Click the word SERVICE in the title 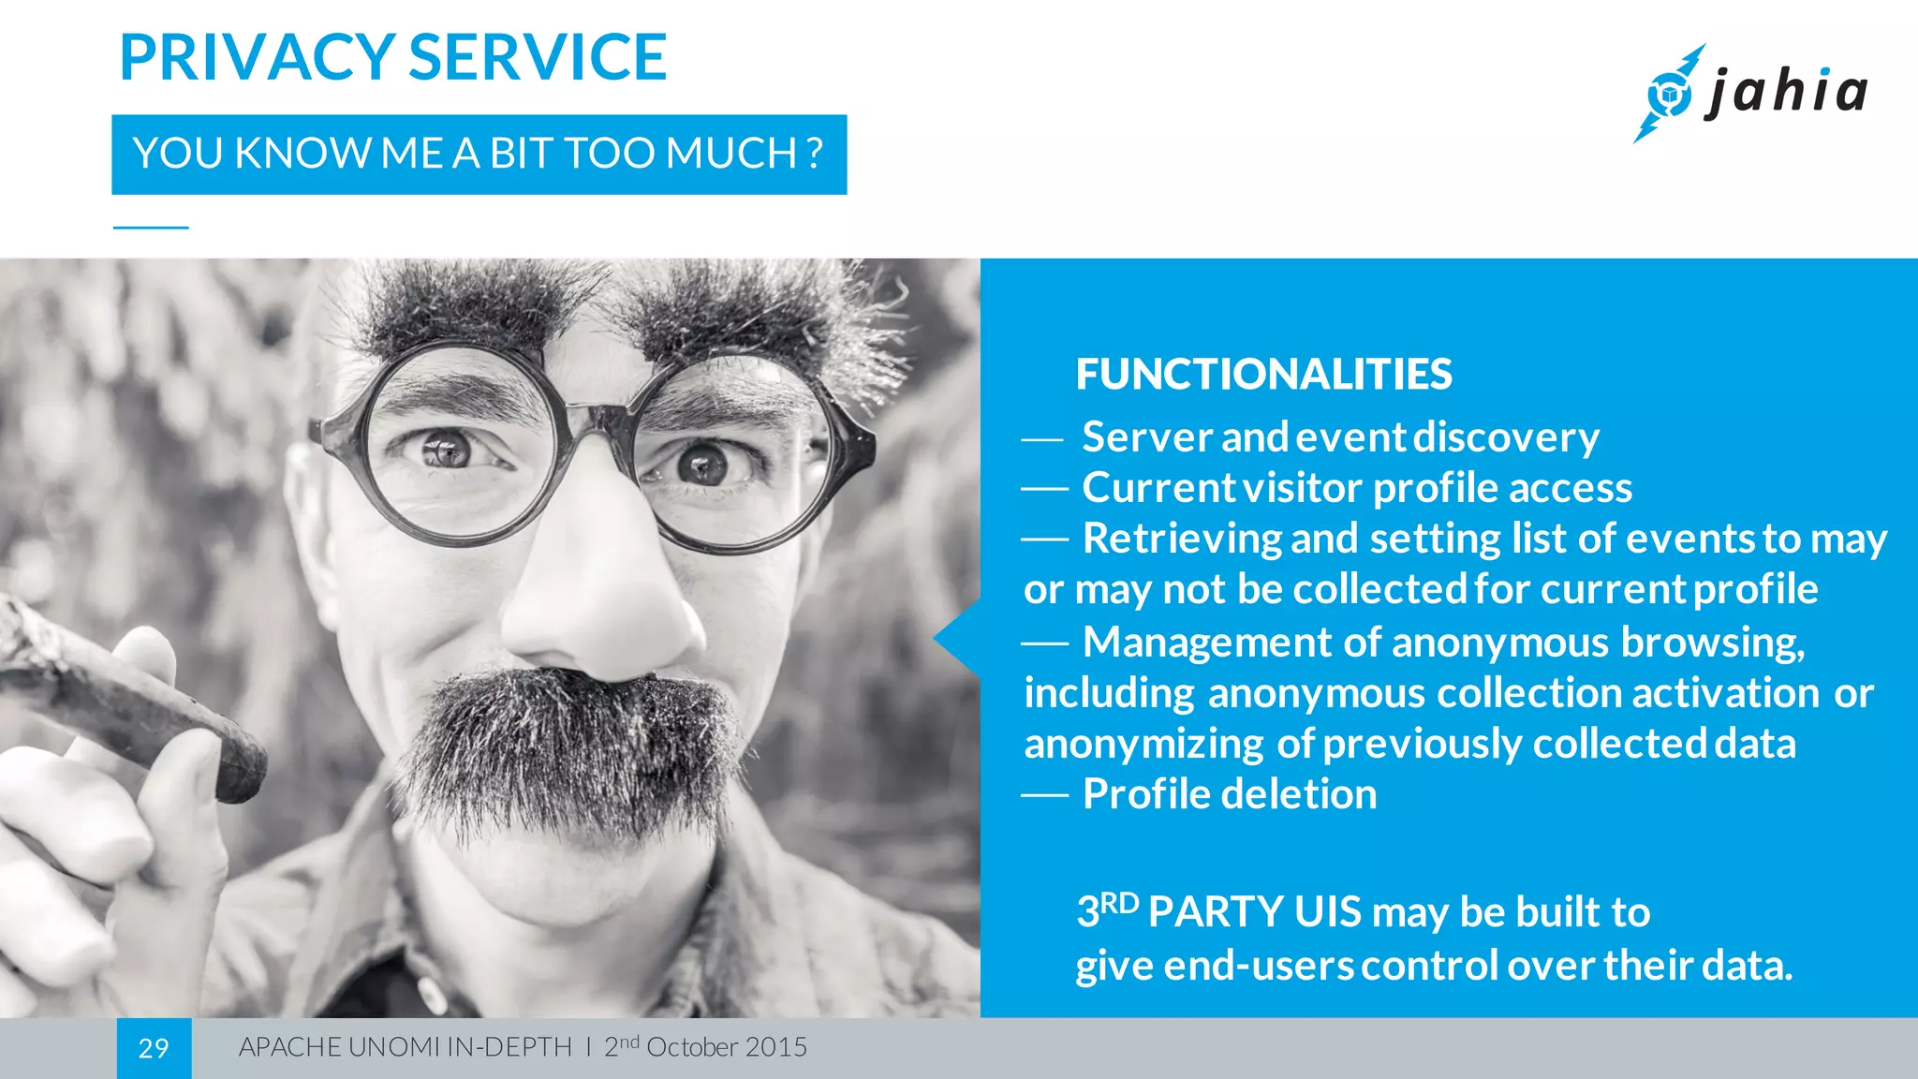(x=538, y=58)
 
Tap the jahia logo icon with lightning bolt (x=1668, y=94)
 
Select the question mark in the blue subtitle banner (x=814, y=153)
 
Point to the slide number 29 (x=154, y=1048)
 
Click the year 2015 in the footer (x=777, y=1047)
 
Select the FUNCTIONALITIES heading (x=1263, y=375)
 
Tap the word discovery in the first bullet (x=1506, y=437)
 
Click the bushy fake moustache (x=571, y=740)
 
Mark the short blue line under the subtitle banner (x=151, y=228)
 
